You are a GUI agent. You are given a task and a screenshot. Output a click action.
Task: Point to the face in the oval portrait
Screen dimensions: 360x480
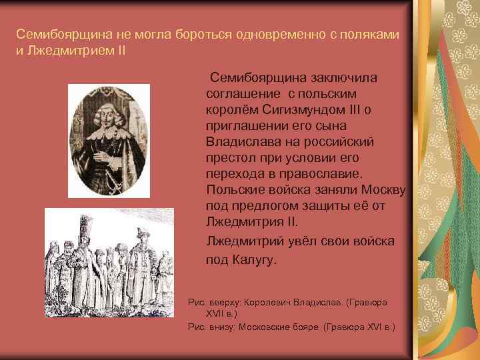pyautogui.click(x=107, y=111)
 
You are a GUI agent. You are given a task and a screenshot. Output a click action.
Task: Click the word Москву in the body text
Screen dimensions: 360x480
pyautogui.click(x=381, y=189)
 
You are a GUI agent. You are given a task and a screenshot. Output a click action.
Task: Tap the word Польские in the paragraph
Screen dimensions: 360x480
pyautogui.click(x=236, y=189)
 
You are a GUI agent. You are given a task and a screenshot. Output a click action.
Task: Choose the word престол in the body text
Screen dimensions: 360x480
pyautogui.click(x=230, y=157)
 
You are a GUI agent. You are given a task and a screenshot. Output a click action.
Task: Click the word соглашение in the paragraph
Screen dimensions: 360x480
pyautogui.click(x=241, y=93)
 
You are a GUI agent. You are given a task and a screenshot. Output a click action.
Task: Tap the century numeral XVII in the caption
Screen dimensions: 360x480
pyautogui.click(x=216, y=313)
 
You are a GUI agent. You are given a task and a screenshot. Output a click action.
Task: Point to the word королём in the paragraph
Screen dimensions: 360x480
pyautogui.click(x=231, y=109)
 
